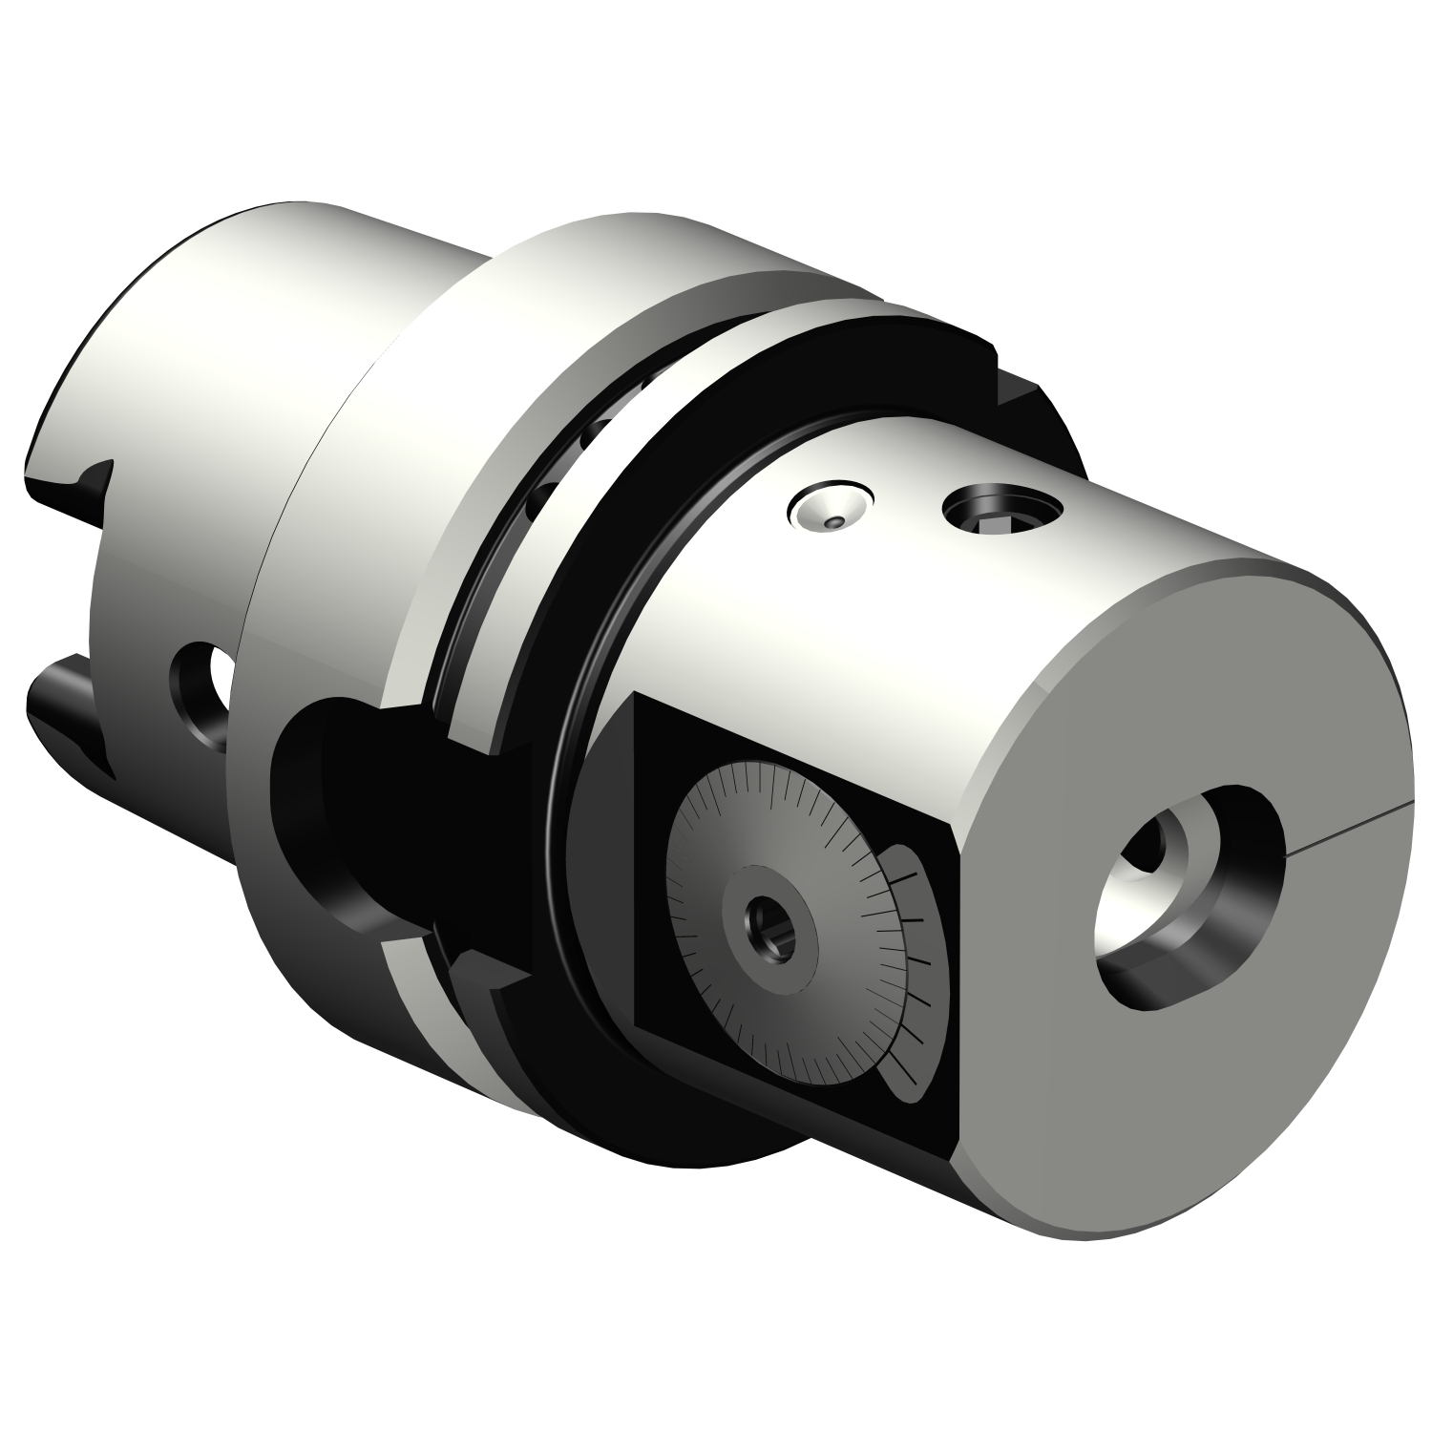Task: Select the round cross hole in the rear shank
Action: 203,693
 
